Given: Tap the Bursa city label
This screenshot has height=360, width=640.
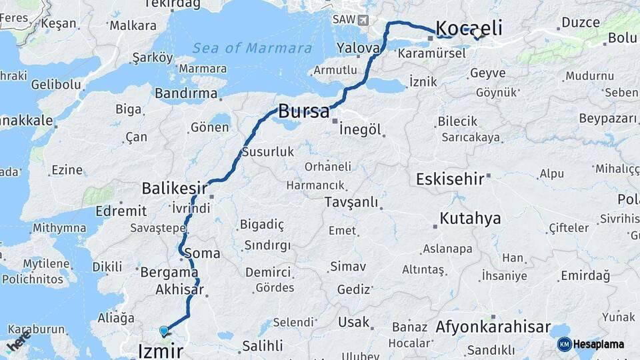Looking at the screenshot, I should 303,111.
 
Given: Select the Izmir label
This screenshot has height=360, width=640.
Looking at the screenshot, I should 160,351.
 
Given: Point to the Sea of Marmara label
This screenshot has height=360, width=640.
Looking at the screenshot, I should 252,48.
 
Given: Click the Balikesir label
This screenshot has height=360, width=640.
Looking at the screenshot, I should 175,189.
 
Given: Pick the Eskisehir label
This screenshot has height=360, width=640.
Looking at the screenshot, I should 451,179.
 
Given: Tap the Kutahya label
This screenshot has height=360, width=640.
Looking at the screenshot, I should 471,218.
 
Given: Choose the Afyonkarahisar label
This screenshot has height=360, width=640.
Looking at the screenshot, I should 493,327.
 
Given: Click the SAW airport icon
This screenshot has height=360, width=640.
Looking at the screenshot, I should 362,19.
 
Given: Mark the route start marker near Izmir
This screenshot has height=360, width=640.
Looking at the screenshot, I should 163,331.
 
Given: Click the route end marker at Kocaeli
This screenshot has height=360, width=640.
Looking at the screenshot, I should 477,33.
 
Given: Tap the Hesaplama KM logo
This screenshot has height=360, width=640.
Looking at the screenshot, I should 590,344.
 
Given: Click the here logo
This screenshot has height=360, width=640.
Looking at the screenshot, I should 18,344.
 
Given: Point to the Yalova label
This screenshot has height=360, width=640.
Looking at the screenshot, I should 358,48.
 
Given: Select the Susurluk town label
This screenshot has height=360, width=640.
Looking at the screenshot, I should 267,152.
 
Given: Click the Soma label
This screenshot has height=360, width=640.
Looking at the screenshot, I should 201,253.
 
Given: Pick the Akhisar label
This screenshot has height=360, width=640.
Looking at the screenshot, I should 179,289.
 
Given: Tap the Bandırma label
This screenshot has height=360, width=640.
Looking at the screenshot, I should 186,93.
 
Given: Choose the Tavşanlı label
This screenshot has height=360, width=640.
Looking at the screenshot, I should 351,202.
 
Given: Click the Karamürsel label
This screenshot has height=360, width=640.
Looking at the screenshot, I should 431,53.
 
